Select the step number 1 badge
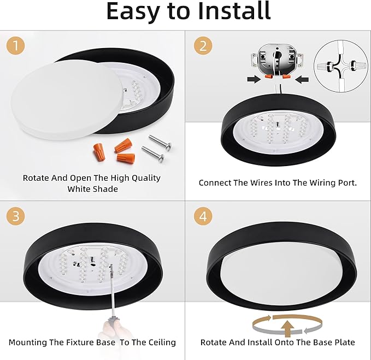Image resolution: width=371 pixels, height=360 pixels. (x=16, y=46)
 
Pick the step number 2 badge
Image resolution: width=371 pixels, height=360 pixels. (x=203, y=46)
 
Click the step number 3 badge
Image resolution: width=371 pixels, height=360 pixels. (x=16, y=216)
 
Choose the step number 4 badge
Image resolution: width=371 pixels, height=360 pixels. (x=203, y=216)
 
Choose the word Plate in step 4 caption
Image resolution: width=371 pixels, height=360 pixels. (x=343, y=343)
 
